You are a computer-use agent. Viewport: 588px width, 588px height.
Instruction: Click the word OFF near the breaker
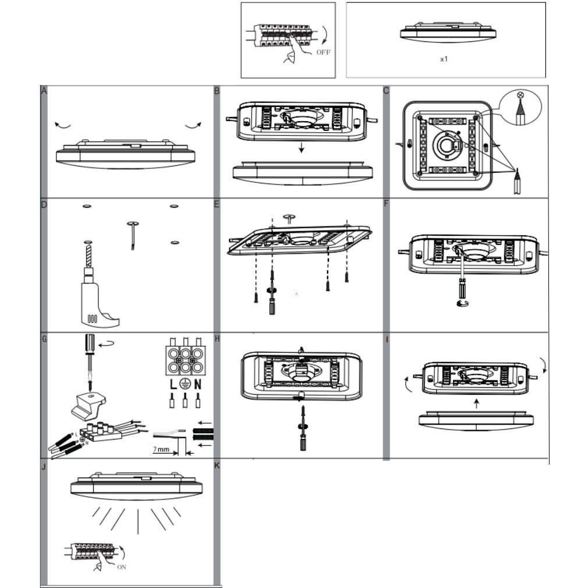click(323, 52)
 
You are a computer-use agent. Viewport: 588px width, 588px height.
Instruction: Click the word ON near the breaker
click(122, 566)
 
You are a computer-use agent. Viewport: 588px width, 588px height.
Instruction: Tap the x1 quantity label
click(444, 59)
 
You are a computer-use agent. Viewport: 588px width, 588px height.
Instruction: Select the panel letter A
click(44, 90)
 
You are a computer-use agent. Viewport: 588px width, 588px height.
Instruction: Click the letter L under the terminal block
click(173, 384)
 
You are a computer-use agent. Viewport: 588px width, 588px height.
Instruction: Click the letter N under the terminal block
click(198, 384)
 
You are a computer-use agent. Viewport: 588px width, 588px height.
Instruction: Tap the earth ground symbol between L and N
click(185, 384)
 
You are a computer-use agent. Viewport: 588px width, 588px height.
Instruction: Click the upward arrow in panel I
click(476, 402)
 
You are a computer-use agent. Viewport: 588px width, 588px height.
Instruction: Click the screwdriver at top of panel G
click(89, 355)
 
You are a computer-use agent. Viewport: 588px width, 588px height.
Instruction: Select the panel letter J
click(44, 467)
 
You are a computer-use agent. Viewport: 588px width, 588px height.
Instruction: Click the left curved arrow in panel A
click(61, 125)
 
